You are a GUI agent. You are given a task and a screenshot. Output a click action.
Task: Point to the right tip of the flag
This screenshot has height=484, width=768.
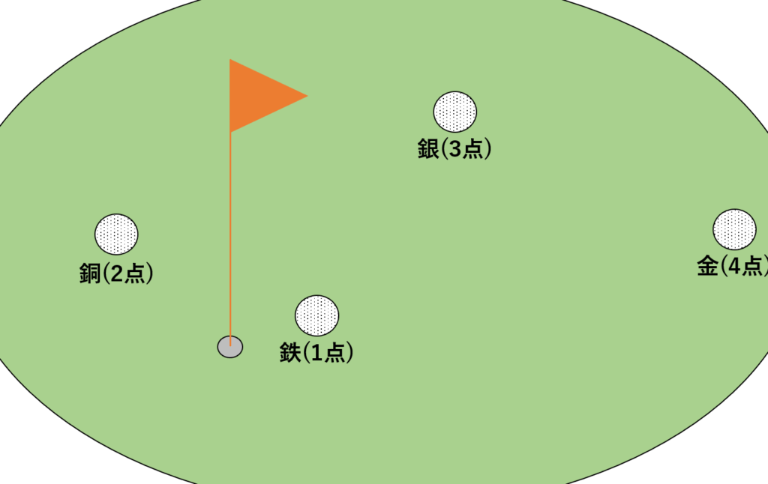point(307,95)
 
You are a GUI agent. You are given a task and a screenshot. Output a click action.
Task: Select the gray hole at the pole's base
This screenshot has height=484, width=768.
point(230,347)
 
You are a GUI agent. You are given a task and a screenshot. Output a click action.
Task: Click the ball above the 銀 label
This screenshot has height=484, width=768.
point(454,112)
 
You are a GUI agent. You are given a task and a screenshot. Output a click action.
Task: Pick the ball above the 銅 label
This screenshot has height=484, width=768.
point(116,235)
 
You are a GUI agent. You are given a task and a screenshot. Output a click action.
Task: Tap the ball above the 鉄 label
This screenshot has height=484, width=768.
point(316,315)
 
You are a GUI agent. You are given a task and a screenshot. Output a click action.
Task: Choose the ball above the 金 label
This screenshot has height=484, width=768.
point(734,229)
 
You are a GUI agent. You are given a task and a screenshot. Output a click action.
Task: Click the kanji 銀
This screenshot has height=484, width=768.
point(428,150)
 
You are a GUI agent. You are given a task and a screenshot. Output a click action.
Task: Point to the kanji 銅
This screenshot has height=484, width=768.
point(90,274)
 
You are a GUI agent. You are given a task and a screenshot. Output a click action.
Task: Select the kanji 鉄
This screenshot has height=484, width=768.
point(290,353)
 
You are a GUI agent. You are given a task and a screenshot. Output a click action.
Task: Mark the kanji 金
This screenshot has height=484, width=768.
point(707,266)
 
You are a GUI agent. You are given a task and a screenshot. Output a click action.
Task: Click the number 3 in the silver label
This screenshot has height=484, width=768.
point(454,150)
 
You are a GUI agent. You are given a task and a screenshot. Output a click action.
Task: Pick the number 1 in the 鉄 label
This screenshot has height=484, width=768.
point(316,353)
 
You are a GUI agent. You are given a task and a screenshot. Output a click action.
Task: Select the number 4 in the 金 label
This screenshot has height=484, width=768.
point(733,266)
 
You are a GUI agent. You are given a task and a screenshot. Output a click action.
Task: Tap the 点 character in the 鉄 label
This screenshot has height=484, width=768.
point(335,353)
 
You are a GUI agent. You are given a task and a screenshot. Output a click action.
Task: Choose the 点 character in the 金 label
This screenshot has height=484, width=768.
point(753,266)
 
